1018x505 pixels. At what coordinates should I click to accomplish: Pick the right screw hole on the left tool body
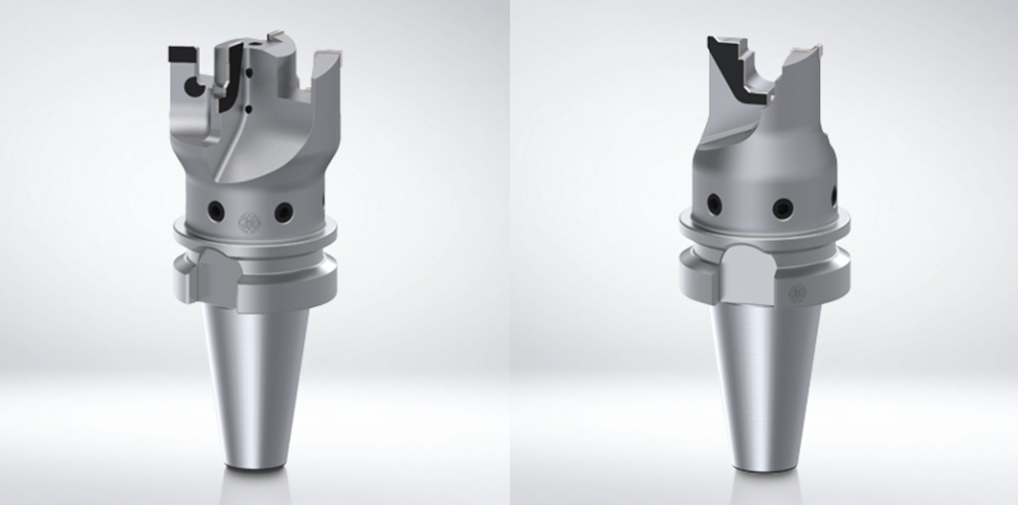pyautogui.click(x=283, y=212)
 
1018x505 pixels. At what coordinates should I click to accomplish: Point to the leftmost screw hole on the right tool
pyautogui.click(x=715, y=204)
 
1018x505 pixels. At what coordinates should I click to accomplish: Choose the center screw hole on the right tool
pyautogui.click(x=783, y=208)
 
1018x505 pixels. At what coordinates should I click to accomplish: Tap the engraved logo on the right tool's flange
pyautogui.click(x=796, y=291)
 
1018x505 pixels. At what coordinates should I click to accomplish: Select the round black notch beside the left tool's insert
pyautogui.click(x=196, y=87)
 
